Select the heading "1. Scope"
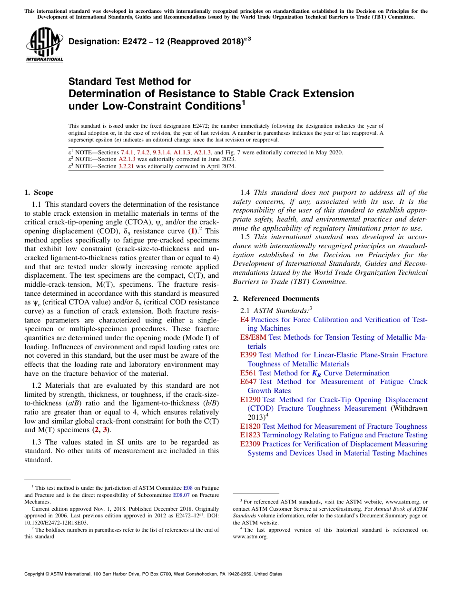point(39,192)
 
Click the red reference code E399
point(248,355)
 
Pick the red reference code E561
point(248,373)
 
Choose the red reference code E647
point(248,382)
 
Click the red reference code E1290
point(250,400)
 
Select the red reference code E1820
point(250,426)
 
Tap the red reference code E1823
point(250,435)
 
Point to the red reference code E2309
point(250,444)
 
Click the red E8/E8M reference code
point(253,337)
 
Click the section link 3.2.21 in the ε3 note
point(126,166)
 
